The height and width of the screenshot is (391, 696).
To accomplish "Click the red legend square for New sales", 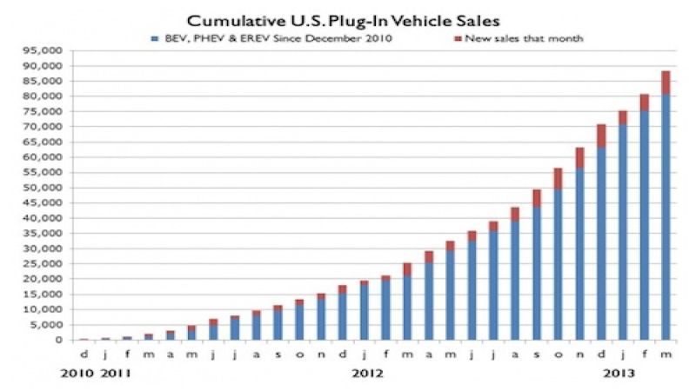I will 458,38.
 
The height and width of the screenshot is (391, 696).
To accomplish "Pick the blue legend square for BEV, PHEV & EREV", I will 153,38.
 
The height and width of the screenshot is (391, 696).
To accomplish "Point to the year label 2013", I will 618,374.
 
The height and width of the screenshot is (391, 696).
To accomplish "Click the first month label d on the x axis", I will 83,354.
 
